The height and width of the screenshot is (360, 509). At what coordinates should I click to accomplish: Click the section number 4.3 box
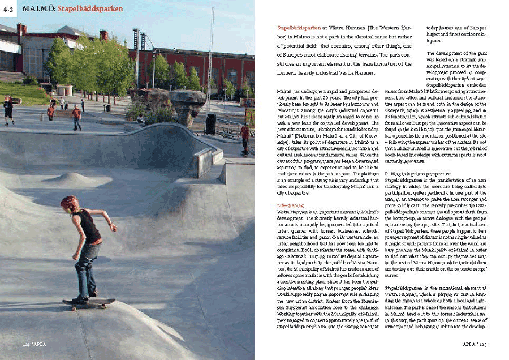pyautogui.click(x=9, y=8)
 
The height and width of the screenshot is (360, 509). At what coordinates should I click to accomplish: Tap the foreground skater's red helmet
pyautogui.click(x=70, y=203)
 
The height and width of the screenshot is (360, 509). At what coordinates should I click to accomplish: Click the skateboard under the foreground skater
pyautogui.click(x=88, y=304)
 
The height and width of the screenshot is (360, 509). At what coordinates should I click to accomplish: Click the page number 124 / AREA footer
pyautogui.click(x=33, y=343)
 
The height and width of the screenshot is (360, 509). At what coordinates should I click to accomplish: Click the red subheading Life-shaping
pyautogui.click(x=288, y=205)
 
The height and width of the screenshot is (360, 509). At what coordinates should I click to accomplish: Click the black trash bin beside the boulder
pyautogui.click(x=210, y=124)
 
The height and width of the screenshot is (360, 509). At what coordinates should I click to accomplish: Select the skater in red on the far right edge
pyautogui.click(x=245, y=138)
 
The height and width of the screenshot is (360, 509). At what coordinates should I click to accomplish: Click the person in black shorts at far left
pyautogui.click(x=8, y=109)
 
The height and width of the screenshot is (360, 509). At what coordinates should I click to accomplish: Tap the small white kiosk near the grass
pyautogui.click(x=65, y=91)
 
